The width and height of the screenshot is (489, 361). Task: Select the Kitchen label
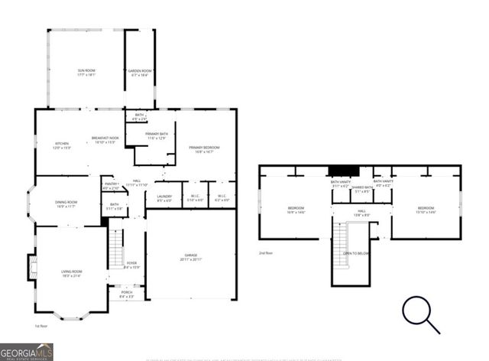tap(61, 145)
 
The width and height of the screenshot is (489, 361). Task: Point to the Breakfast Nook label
tap(105, 140)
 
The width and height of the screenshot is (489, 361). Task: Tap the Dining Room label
tap(66, 204)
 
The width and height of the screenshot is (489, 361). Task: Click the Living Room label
tap(71, 273)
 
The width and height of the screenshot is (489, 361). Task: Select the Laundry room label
tap(164, 197)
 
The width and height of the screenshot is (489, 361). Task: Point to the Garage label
tap(190, 256)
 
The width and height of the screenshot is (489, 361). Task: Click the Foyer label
tap(131, 265)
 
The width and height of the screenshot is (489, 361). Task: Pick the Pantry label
tap(111, 186)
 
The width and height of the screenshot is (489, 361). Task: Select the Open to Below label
tap(357, 253)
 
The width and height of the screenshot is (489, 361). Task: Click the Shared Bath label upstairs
tap(362, 189)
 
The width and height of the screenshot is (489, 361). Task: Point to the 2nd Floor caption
tap(266, 252)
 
